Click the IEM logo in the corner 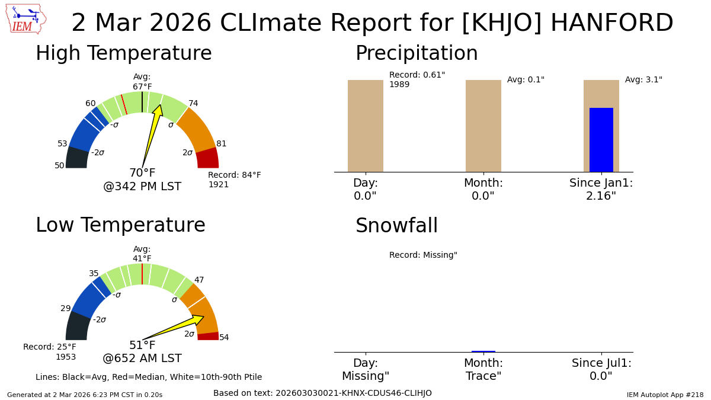26,19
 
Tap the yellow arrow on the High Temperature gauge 152,136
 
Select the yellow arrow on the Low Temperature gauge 173,328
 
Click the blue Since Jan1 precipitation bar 601,140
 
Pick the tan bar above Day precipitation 366,126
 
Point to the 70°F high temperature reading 142,172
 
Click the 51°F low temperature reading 142,345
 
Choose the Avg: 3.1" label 643,79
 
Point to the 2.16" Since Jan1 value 601,196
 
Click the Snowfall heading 396,225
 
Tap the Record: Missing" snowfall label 423,255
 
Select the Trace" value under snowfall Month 483,376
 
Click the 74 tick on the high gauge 193,103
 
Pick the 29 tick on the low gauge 65,308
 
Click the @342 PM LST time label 142,186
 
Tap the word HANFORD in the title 612,23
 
